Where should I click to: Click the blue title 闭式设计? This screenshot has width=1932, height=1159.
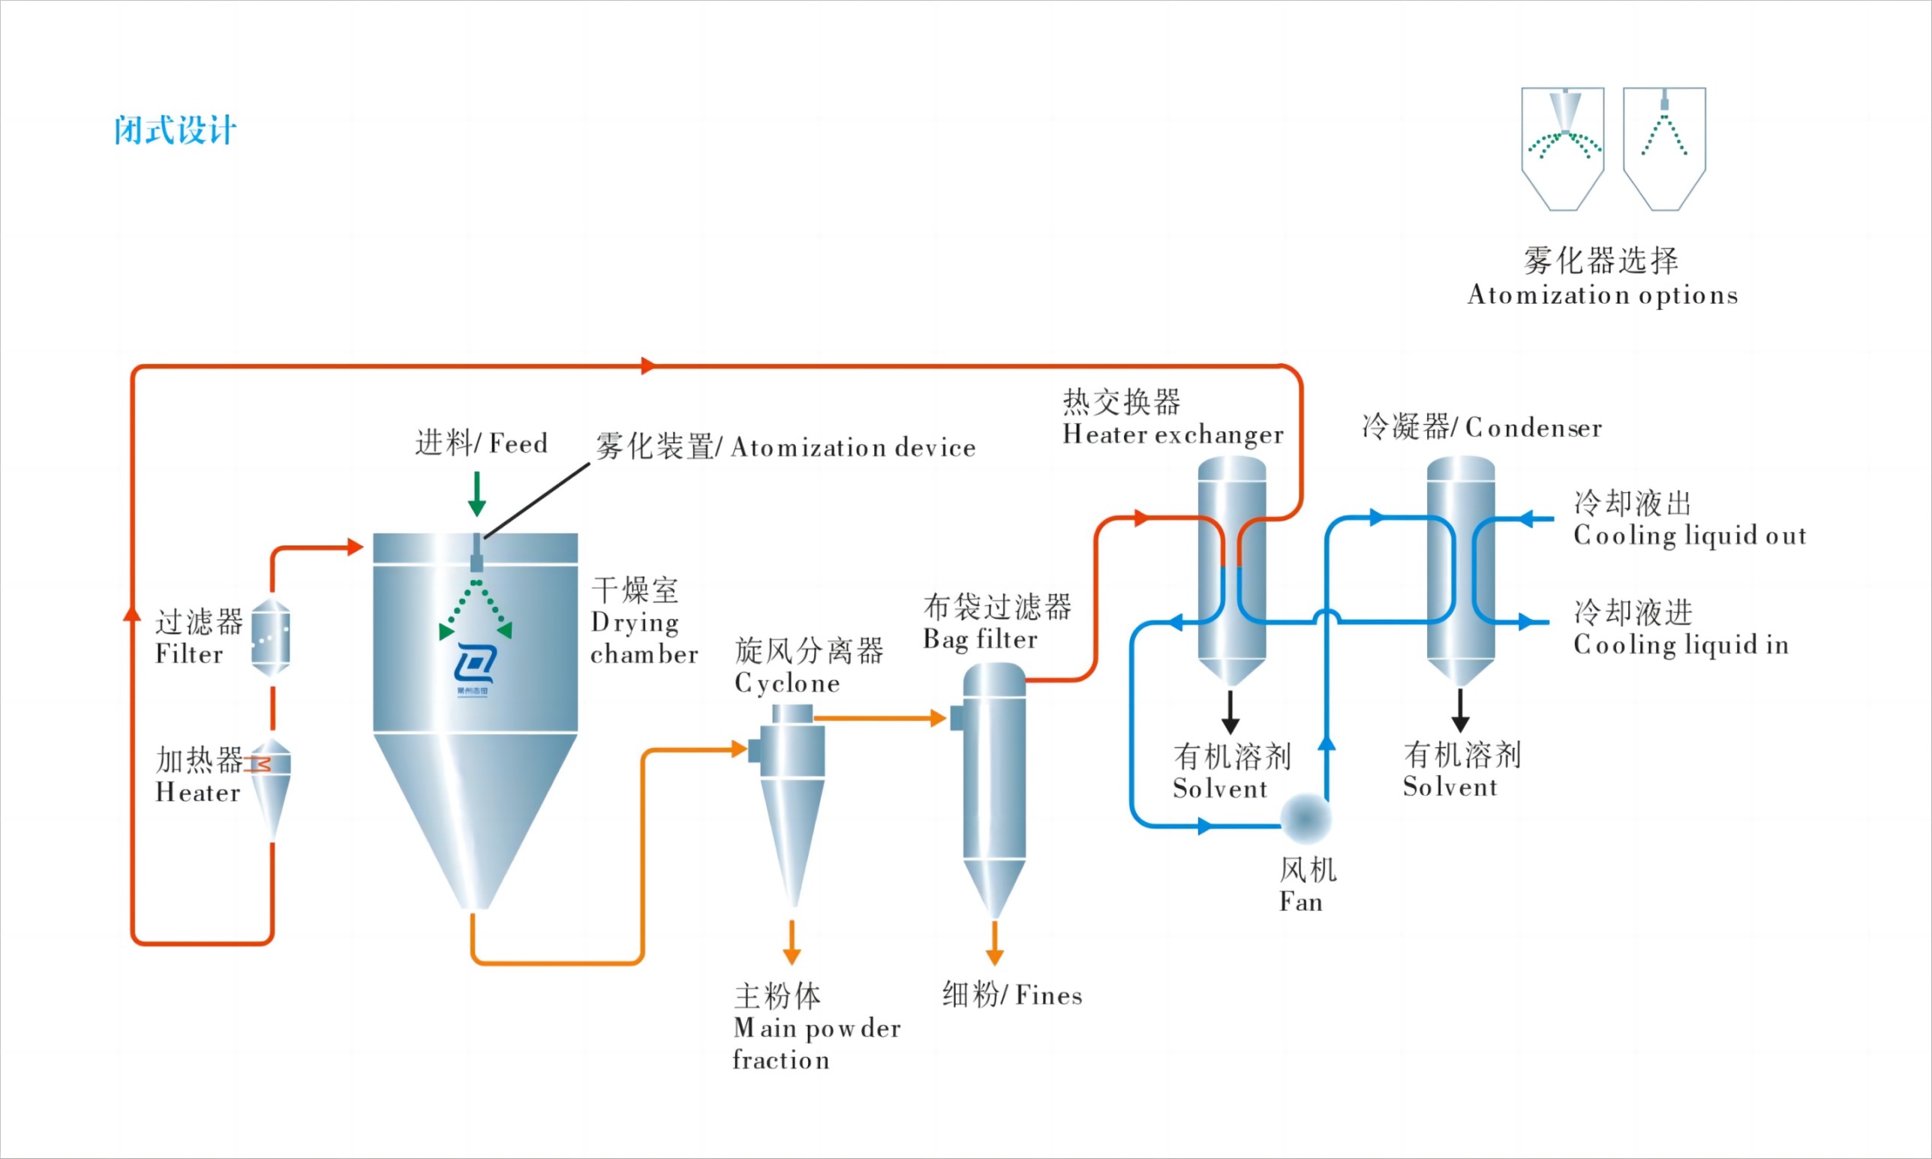tap(175, 131)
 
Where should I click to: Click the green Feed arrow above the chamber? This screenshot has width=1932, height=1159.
tap(476, 494)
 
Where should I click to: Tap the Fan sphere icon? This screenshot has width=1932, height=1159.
tap(1306, 818)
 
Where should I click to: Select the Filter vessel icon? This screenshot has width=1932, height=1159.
tap(271, 638)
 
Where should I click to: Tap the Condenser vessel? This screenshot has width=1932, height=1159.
tap(1460, 570)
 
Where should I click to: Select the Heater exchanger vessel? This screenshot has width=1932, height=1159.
tap(1231, 570)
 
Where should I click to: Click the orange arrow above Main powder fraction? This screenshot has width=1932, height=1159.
tap(792, 942)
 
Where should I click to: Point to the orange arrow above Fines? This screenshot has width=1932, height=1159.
tap(994, 943)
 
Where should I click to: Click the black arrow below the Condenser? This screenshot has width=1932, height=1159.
tap(1460, 710)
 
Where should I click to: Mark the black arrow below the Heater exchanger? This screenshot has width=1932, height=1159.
tap(1230, 711)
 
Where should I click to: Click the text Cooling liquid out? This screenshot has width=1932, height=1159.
tap(1689, 536)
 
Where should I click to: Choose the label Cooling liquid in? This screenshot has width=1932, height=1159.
tap(1681, 645)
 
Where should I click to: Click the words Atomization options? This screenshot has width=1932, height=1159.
tap(1603, 296)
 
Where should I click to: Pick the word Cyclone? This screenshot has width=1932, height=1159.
tap(787, 683)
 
